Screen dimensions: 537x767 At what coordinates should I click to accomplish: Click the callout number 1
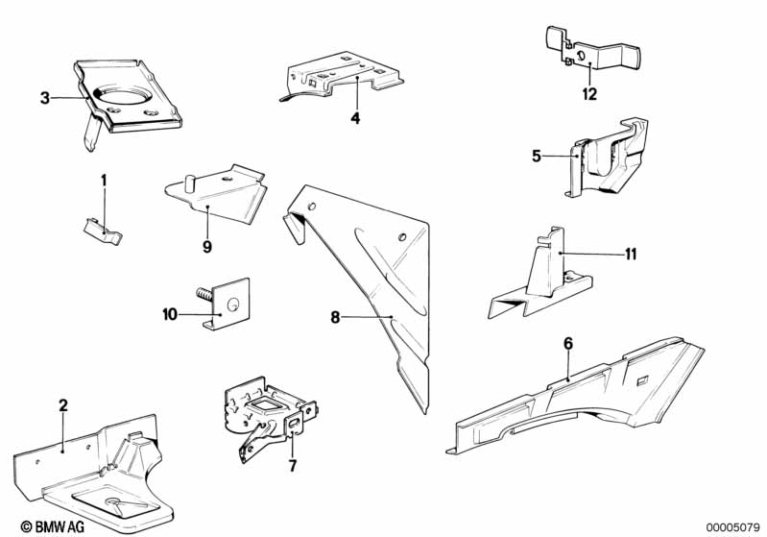pos(105,180)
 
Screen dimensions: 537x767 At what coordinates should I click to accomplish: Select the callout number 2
pos(63,405)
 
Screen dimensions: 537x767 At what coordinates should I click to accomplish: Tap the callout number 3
pos(44,97)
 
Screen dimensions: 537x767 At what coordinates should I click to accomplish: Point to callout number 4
pos(354,118)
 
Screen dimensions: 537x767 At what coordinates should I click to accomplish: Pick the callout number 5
pos(537,155)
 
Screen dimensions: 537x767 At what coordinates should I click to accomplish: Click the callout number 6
pos(567,342)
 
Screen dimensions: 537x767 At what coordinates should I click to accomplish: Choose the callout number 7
pos(293,466)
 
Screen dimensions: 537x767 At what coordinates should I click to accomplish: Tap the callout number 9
pos(206,246)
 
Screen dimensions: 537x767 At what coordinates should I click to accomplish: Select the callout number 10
pos(170,313)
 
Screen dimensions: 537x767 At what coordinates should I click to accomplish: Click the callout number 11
pos(630,254)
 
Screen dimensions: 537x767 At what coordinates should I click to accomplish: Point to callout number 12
pos(588,94)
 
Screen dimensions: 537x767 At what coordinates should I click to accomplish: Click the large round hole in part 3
pos(122,97)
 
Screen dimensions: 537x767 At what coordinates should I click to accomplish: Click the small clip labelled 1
pos(100,228)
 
